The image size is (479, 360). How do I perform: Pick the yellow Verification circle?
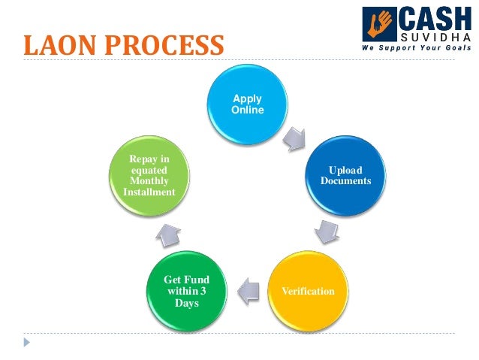(x=307, y=289)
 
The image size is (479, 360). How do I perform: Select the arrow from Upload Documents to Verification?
(x=324, y=231)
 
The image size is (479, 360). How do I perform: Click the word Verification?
(x=309, y=290)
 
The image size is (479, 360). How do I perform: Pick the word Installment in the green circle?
(x=149, y=192)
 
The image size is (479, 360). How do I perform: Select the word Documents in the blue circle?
(x=345, y=181)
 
